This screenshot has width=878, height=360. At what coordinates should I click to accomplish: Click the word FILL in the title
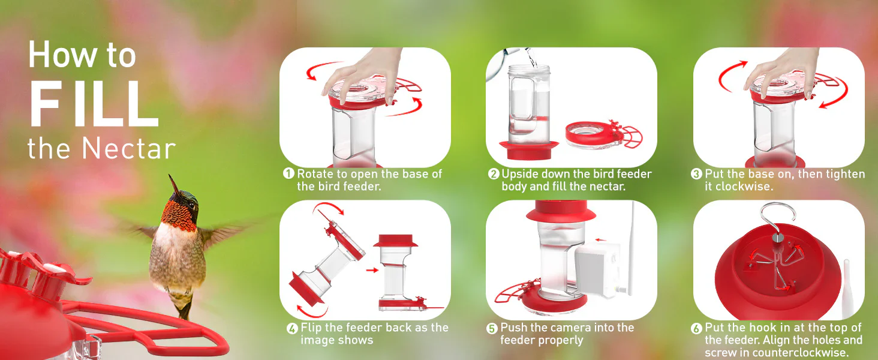(x=94, y=104)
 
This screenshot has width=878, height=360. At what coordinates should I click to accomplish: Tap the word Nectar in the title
(x=128, y=149)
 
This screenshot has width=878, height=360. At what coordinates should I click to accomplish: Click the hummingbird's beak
(x=174, y=185)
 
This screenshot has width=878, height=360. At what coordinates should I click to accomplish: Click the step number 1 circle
(x=288, y=173)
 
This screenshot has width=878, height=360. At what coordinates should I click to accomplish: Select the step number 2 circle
(x=494, y=173)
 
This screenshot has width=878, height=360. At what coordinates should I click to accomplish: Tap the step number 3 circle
(x=696, y=173)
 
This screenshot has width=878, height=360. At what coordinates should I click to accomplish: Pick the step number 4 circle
(x=293, y=328)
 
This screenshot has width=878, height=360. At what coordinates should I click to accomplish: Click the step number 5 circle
(x=492, y=328)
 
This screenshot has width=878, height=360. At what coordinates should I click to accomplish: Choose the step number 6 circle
(x=696, y=328)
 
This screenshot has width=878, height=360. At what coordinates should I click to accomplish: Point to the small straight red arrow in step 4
(x=372, y=270)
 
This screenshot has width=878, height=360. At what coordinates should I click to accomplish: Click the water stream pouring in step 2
(x=531, y=59)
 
